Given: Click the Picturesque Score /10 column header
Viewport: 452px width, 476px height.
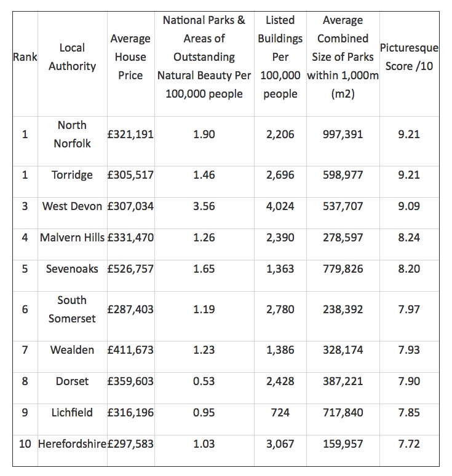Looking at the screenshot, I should tap(408, 57).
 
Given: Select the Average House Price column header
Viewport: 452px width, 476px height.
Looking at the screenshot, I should tap(130, 57).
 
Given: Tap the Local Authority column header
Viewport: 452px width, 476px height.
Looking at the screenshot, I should tap(72, 57).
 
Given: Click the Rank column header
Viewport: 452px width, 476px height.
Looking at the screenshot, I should tap(25, 57).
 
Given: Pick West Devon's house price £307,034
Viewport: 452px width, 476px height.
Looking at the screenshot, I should tap(130, 206).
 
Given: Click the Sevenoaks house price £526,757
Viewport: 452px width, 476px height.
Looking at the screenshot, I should tap(130, 269).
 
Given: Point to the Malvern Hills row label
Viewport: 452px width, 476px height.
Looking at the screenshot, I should tap(72, 238).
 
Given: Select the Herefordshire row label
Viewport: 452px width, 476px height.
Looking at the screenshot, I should tap(72, 443).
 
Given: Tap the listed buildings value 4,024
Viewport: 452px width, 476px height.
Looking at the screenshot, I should tap(280, 206).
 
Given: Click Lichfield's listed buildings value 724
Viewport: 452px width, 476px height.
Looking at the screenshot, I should tap(280, 412).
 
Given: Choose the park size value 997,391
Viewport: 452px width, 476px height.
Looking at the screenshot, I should tap(343, 135).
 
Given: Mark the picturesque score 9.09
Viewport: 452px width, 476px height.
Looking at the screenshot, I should tap(408, 206).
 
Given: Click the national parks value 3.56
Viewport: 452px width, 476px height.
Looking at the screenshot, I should tap(204, 206).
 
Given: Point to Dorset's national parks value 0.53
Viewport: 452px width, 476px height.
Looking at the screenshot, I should tap(204, 381).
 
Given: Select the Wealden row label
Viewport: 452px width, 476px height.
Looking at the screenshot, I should tap(72, 350).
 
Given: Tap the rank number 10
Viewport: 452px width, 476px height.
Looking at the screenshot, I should tap(25, 443).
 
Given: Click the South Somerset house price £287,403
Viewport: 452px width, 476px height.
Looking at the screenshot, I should tap(130, 310).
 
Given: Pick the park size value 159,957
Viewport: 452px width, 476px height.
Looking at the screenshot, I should tap(343, 443).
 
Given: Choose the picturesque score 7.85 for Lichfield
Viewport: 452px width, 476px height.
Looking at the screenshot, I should tap(408, 412).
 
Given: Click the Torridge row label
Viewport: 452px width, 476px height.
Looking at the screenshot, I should tap(72, 175).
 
